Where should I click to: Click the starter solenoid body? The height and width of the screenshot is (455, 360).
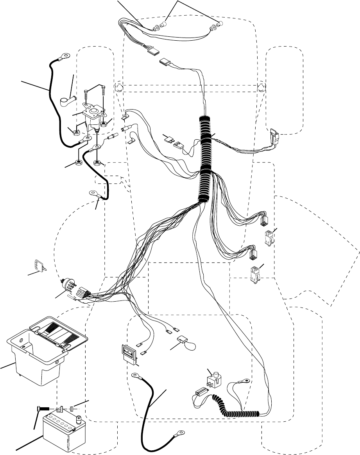point(94,116)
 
